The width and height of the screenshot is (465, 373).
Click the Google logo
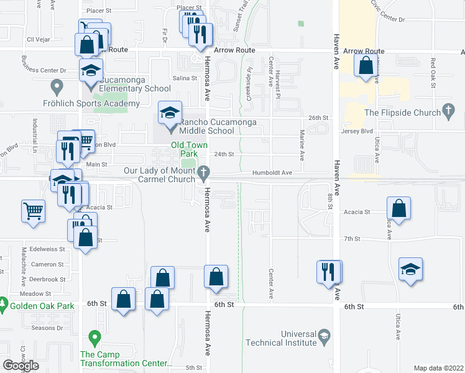pos(21,365)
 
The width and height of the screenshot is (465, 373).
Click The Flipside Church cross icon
pos(448,112)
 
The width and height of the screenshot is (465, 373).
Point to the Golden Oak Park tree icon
pos(4,305)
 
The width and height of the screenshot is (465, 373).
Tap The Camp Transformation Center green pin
pos(94,339)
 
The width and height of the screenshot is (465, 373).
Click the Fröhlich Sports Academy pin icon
pos(57,85)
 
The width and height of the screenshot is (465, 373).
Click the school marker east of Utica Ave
pos(410,269)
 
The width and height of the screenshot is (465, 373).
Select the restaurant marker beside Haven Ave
pos(328,272)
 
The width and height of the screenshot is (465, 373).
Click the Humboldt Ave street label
pos(272,172)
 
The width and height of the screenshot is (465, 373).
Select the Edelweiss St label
pos(43,249)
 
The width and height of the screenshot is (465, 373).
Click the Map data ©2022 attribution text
pos(439,368)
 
